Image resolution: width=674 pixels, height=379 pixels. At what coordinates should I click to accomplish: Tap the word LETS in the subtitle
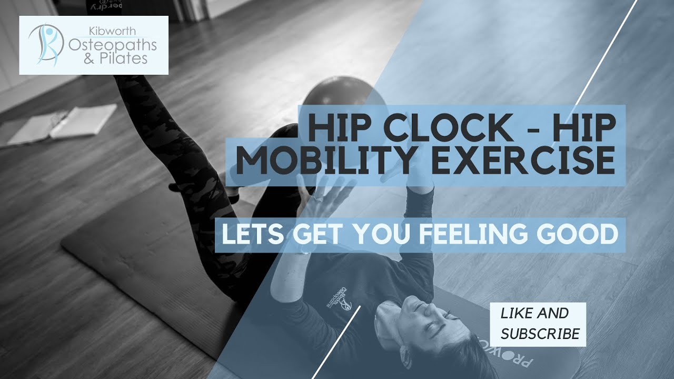[252, 235]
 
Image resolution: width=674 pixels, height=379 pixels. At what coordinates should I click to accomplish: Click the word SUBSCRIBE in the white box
[540, 333]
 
